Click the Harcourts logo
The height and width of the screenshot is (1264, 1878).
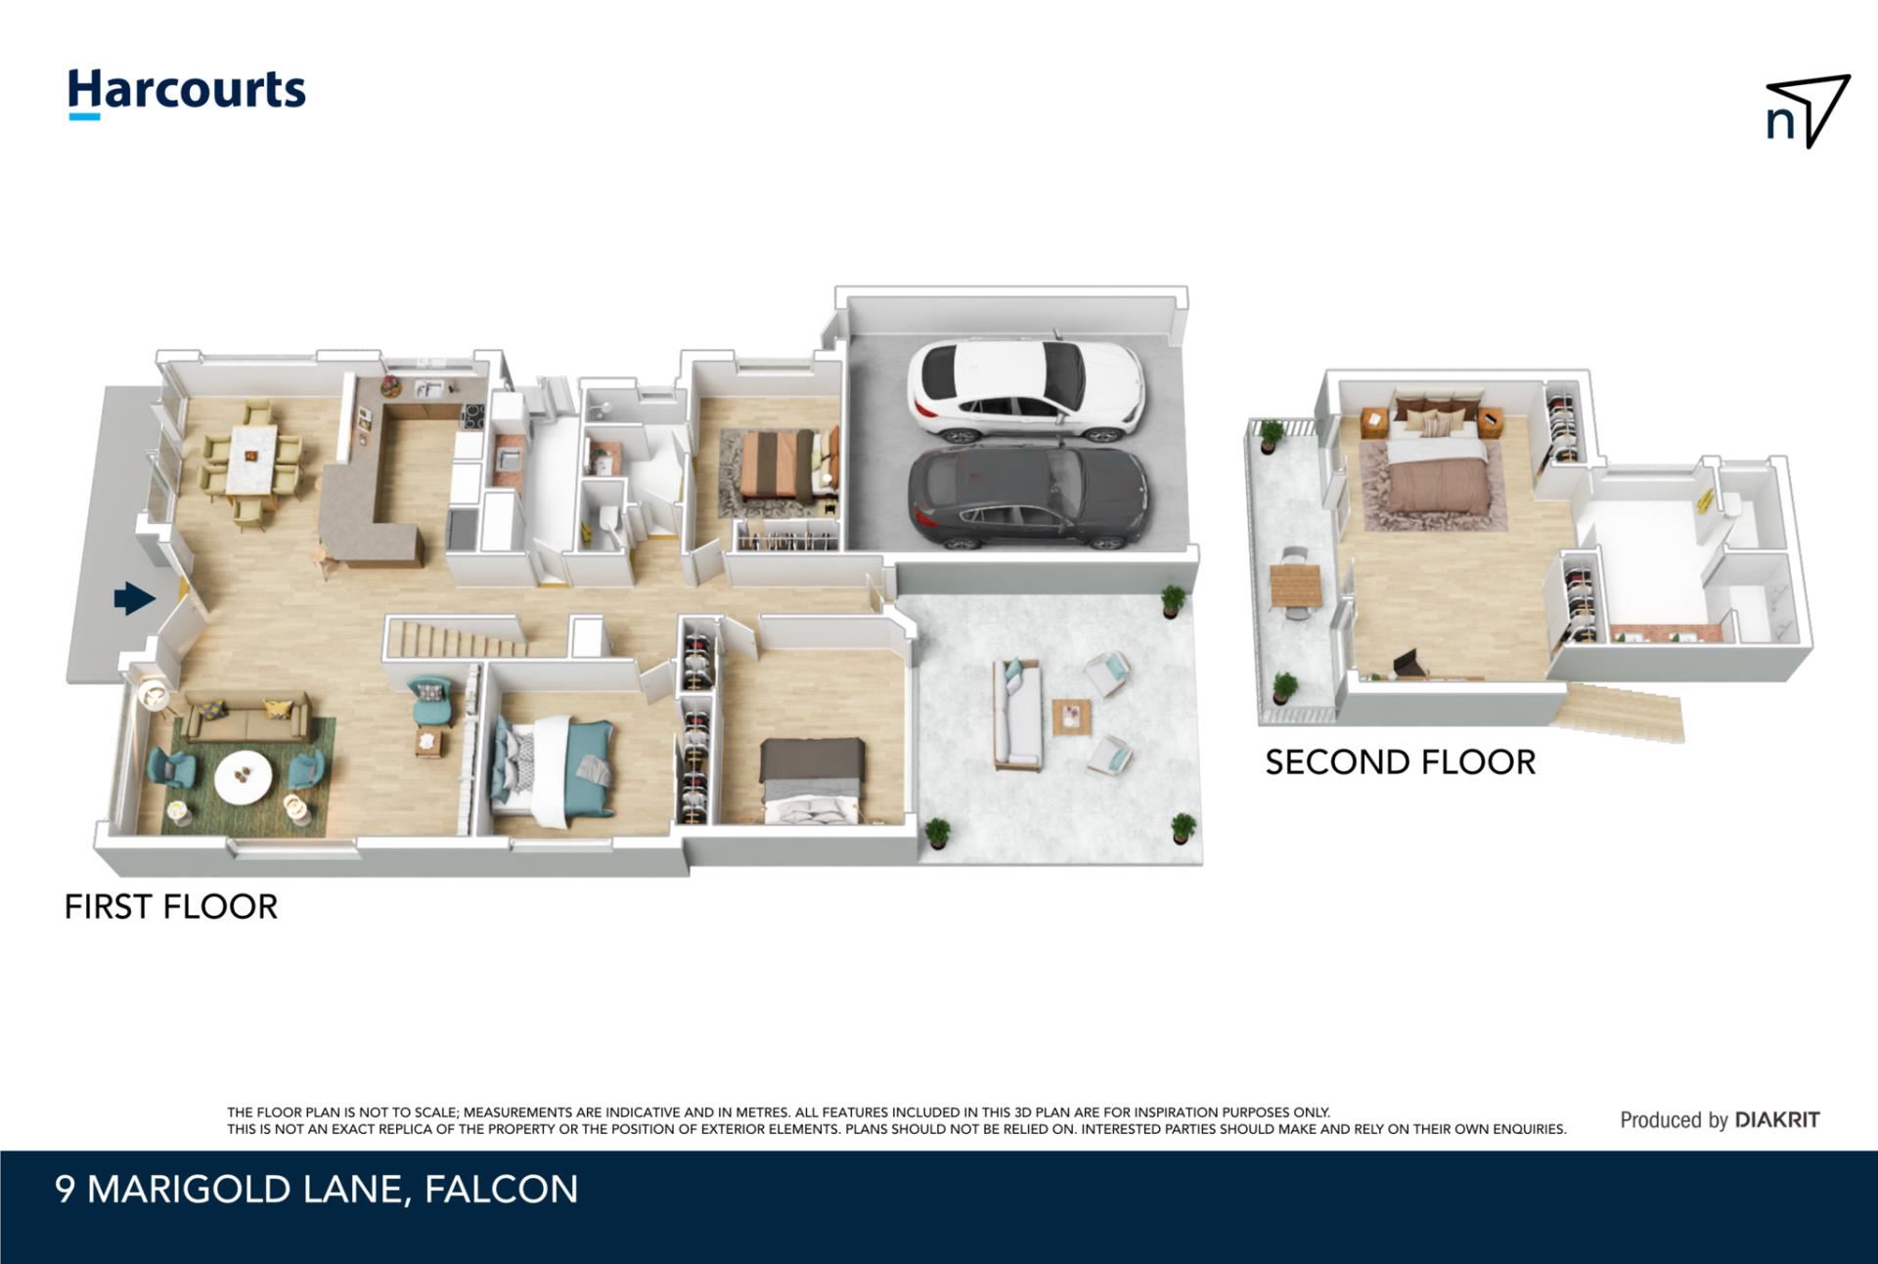pyautogui.click(x=186, y=94)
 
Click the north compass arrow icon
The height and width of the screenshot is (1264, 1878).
pyautogui.click(x=1808, y=111)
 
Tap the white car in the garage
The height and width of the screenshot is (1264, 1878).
pyautogui.click(x=1025, y=389)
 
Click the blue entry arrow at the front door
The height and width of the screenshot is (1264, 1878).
pyautogui.click(x=134, y=598)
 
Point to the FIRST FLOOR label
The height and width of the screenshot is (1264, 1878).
pyautogui.click(x=171, y=907)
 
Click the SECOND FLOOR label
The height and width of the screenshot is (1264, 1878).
pyautogui.click(x=1401, y=763)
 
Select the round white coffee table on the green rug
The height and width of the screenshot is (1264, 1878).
pyautogui.click(x=244, y=774)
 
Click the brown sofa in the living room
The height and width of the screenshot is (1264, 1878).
pyautogui.click(x=246, y=717)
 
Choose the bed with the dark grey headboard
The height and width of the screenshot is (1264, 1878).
pyautogui.click(x=812, y=780)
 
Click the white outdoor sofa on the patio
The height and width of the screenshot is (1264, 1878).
pyautogui.click(x=1017, y=713)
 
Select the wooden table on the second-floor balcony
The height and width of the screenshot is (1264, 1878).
pyautogui.click(x=1296, y=587)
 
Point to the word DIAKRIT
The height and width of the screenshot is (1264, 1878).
pyautogui.click(x=1777, y=1120)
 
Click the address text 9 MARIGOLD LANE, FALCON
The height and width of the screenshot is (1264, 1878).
pyautogui.click(x=317, y=1190)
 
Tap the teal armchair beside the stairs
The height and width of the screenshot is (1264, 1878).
pyautogui.click(x=429, y=701)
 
